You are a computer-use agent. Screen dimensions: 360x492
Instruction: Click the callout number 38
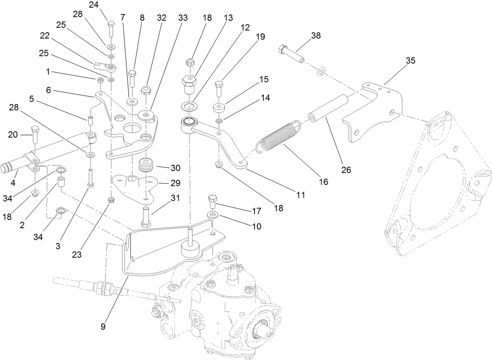click(x=316, y=36)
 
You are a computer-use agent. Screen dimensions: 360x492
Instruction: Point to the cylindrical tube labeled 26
click(x=329, y=109)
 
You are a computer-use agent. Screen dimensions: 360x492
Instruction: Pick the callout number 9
click(x=103, y=327)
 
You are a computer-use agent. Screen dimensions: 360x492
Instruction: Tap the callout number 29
click(x=175, y=183)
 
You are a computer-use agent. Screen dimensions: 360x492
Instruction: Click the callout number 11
click(x=300, y=194)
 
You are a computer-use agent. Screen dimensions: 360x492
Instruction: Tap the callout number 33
click(x=183, y=18)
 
